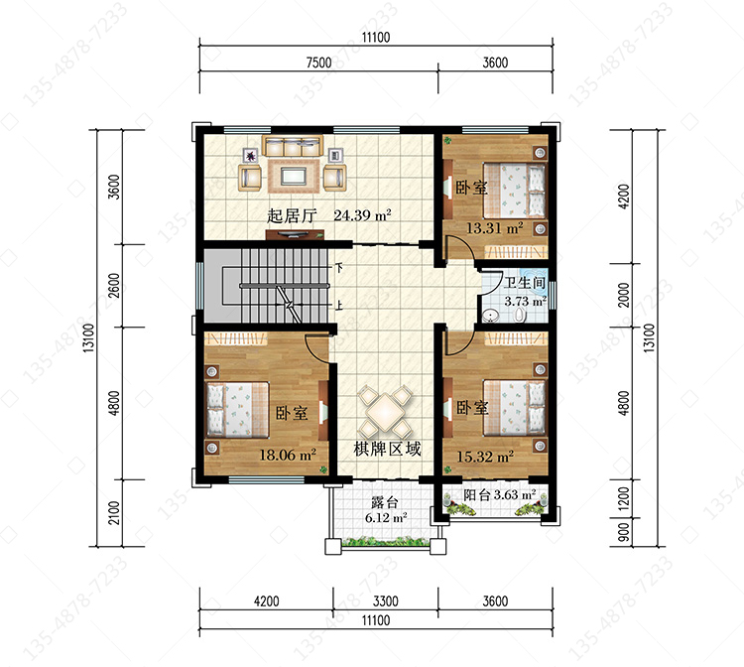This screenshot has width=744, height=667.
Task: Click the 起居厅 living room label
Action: click(292, 215)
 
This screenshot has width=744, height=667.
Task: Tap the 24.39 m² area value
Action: click(362, 215)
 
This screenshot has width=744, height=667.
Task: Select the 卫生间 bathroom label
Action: click(525, 283)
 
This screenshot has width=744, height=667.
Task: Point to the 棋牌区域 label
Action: click(387, 449)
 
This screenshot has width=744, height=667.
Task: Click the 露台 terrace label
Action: click(385, 502)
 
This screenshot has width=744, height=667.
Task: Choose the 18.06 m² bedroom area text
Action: click(288, 455)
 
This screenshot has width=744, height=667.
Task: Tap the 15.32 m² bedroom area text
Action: click(485, 457)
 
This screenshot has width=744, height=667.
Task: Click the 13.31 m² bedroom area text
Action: click(495, 228)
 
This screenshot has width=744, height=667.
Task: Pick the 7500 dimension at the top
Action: click(318, 63)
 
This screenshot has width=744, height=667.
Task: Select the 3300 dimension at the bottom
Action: click(385, 601)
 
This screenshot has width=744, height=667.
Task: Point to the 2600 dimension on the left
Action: click(114, 285)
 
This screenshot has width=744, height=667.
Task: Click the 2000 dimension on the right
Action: click(624, 295)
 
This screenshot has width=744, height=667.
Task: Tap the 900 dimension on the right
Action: click(624, 532)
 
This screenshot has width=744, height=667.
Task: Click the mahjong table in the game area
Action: click(385, 412)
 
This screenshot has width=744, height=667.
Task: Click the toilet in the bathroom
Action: click(521, 316)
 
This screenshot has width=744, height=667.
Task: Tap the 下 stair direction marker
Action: click(339, 268)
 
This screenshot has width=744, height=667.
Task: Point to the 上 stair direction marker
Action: click(339, 305)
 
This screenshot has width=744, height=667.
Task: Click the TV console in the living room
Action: click(295, 234)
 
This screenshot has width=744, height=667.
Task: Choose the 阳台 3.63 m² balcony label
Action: click(500, 494)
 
